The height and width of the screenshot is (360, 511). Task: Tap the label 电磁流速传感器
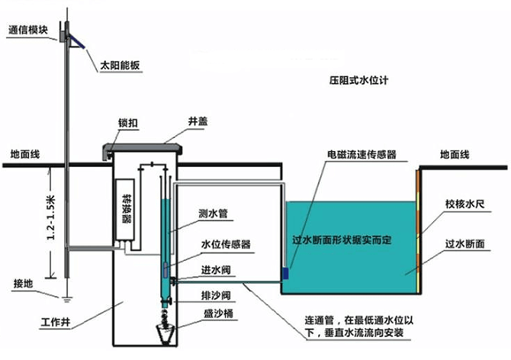click(x=362, y=154)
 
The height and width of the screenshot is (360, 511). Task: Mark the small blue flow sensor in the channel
click(x=285, y=272)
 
